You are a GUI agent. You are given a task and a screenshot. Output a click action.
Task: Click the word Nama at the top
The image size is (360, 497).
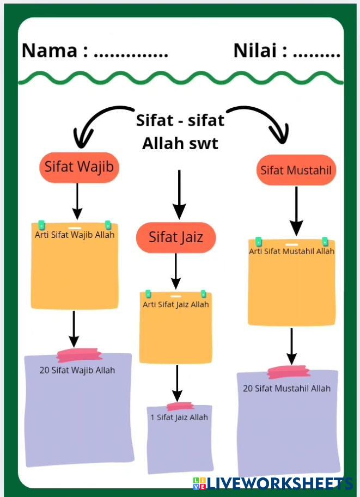pyautogui.click(x=50, y=51)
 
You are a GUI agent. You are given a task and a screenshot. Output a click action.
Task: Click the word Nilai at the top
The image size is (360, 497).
pyautogui.click(x=255, y=51)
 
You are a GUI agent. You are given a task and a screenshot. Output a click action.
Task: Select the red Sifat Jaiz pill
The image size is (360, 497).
pyautogui.click(x=176, y=237)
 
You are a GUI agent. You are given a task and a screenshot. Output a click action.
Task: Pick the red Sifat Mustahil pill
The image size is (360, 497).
pyautogui.click(x=296, y=170)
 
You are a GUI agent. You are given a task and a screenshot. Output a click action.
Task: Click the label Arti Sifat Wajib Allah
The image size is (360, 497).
pyautogui.click(x=75, y=235)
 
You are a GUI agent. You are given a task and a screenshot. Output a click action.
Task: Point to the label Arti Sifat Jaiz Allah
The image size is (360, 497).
pyautogui.click(x=176, y=305)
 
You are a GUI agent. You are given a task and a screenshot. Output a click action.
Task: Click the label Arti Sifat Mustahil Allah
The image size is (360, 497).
pyautogui.click(x=291, y=251)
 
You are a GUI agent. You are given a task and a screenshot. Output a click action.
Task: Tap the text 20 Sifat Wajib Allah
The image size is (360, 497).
pyautogui.click(x=77, y=370)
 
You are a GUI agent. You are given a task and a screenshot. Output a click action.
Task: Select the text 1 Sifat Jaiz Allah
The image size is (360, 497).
pyautogui.click(x=179, y=418)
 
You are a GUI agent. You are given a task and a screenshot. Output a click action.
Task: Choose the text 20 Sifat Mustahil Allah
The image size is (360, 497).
pyautogui.click(x=286, y=389)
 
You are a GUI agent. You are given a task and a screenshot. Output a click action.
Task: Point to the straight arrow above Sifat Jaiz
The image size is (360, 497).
pyautogui.click(x=179, y=195)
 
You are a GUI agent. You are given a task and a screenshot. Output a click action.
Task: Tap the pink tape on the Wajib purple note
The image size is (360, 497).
pyautogui.click(x=80, y=355)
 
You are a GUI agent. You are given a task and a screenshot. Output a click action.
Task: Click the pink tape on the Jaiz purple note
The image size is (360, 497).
pyautogui.click(x=180, y=406)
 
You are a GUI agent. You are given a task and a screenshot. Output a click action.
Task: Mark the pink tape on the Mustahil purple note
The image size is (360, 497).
pyautogui.click(x=288, y=372)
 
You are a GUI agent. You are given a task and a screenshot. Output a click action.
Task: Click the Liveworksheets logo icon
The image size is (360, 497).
pyautogui.click(x=199, y=483)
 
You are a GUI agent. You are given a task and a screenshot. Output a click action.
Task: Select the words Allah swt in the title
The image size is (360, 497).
pyautogui.click(x=180, y=144)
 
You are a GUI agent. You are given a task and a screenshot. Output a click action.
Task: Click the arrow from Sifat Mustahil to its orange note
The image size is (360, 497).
pyautogui.click(x=296, y=211)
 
